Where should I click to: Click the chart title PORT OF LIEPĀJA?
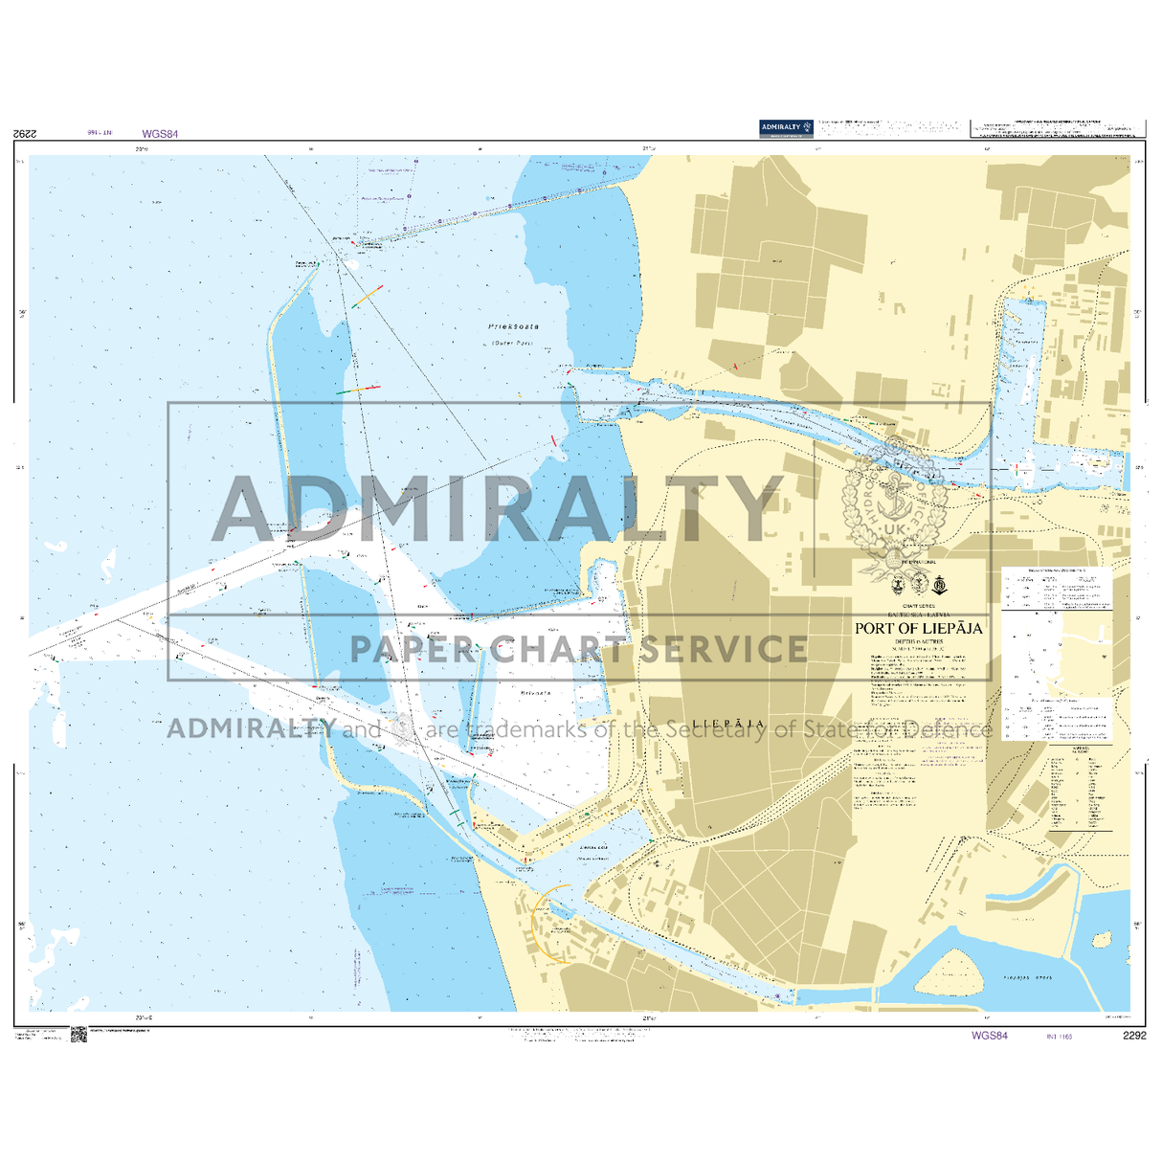coord(918,629)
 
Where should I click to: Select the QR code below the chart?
coord(78,1035)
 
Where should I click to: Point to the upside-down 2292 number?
coord(26,134)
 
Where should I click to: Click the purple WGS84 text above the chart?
coord(160,135)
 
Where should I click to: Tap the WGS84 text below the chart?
coord(989,1036)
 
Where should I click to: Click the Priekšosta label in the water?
coord(513,326)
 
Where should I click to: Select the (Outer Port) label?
coord(512,343)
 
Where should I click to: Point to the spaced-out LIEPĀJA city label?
coord(728,724)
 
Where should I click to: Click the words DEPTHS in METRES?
coord(918,641)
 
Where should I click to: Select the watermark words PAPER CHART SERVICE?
coord(578,649)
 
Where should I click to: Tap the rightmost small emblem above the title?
coord(940,585)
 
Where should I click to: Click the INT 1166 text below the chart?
coord(1059,1036)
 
